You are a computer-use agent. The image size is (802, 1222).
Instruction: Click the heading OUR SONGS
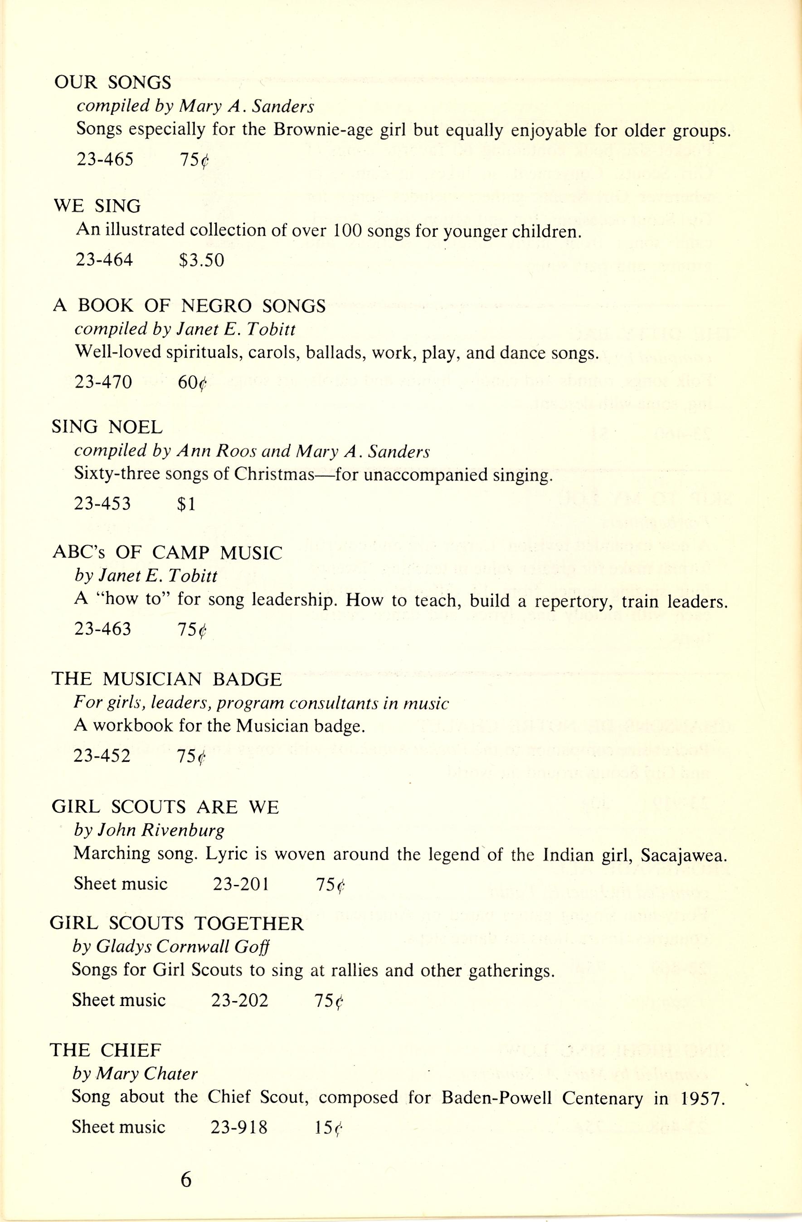pos(112,82)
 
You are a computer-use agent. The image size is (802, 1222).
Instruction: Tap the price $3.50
pos(202,260)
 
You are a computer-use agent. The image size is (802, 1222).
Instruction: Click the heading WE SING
pos(97,206)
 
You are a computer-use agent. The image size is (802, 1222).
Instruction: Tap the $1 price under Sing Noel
pos(186,504)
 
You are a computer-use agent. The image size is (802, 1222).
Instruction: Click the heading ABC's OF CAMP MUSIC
pos(167,553)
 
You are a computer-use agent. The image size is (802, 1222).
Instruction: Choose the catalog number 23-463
pos(102,629)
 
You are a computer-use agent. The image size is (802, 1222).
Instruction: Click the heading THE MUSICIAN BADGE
pos(166,679)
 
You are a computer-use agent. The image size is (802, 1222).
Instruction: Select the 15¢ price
pos(327,1127)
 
